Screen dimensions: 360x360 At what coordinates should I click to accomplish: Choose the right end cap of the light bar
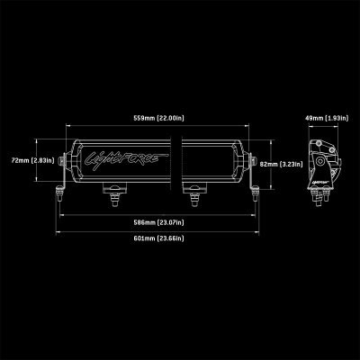coord(251,163)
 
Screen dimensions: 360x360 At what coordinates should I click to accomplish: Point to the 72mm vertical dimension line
coord(37,160)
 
